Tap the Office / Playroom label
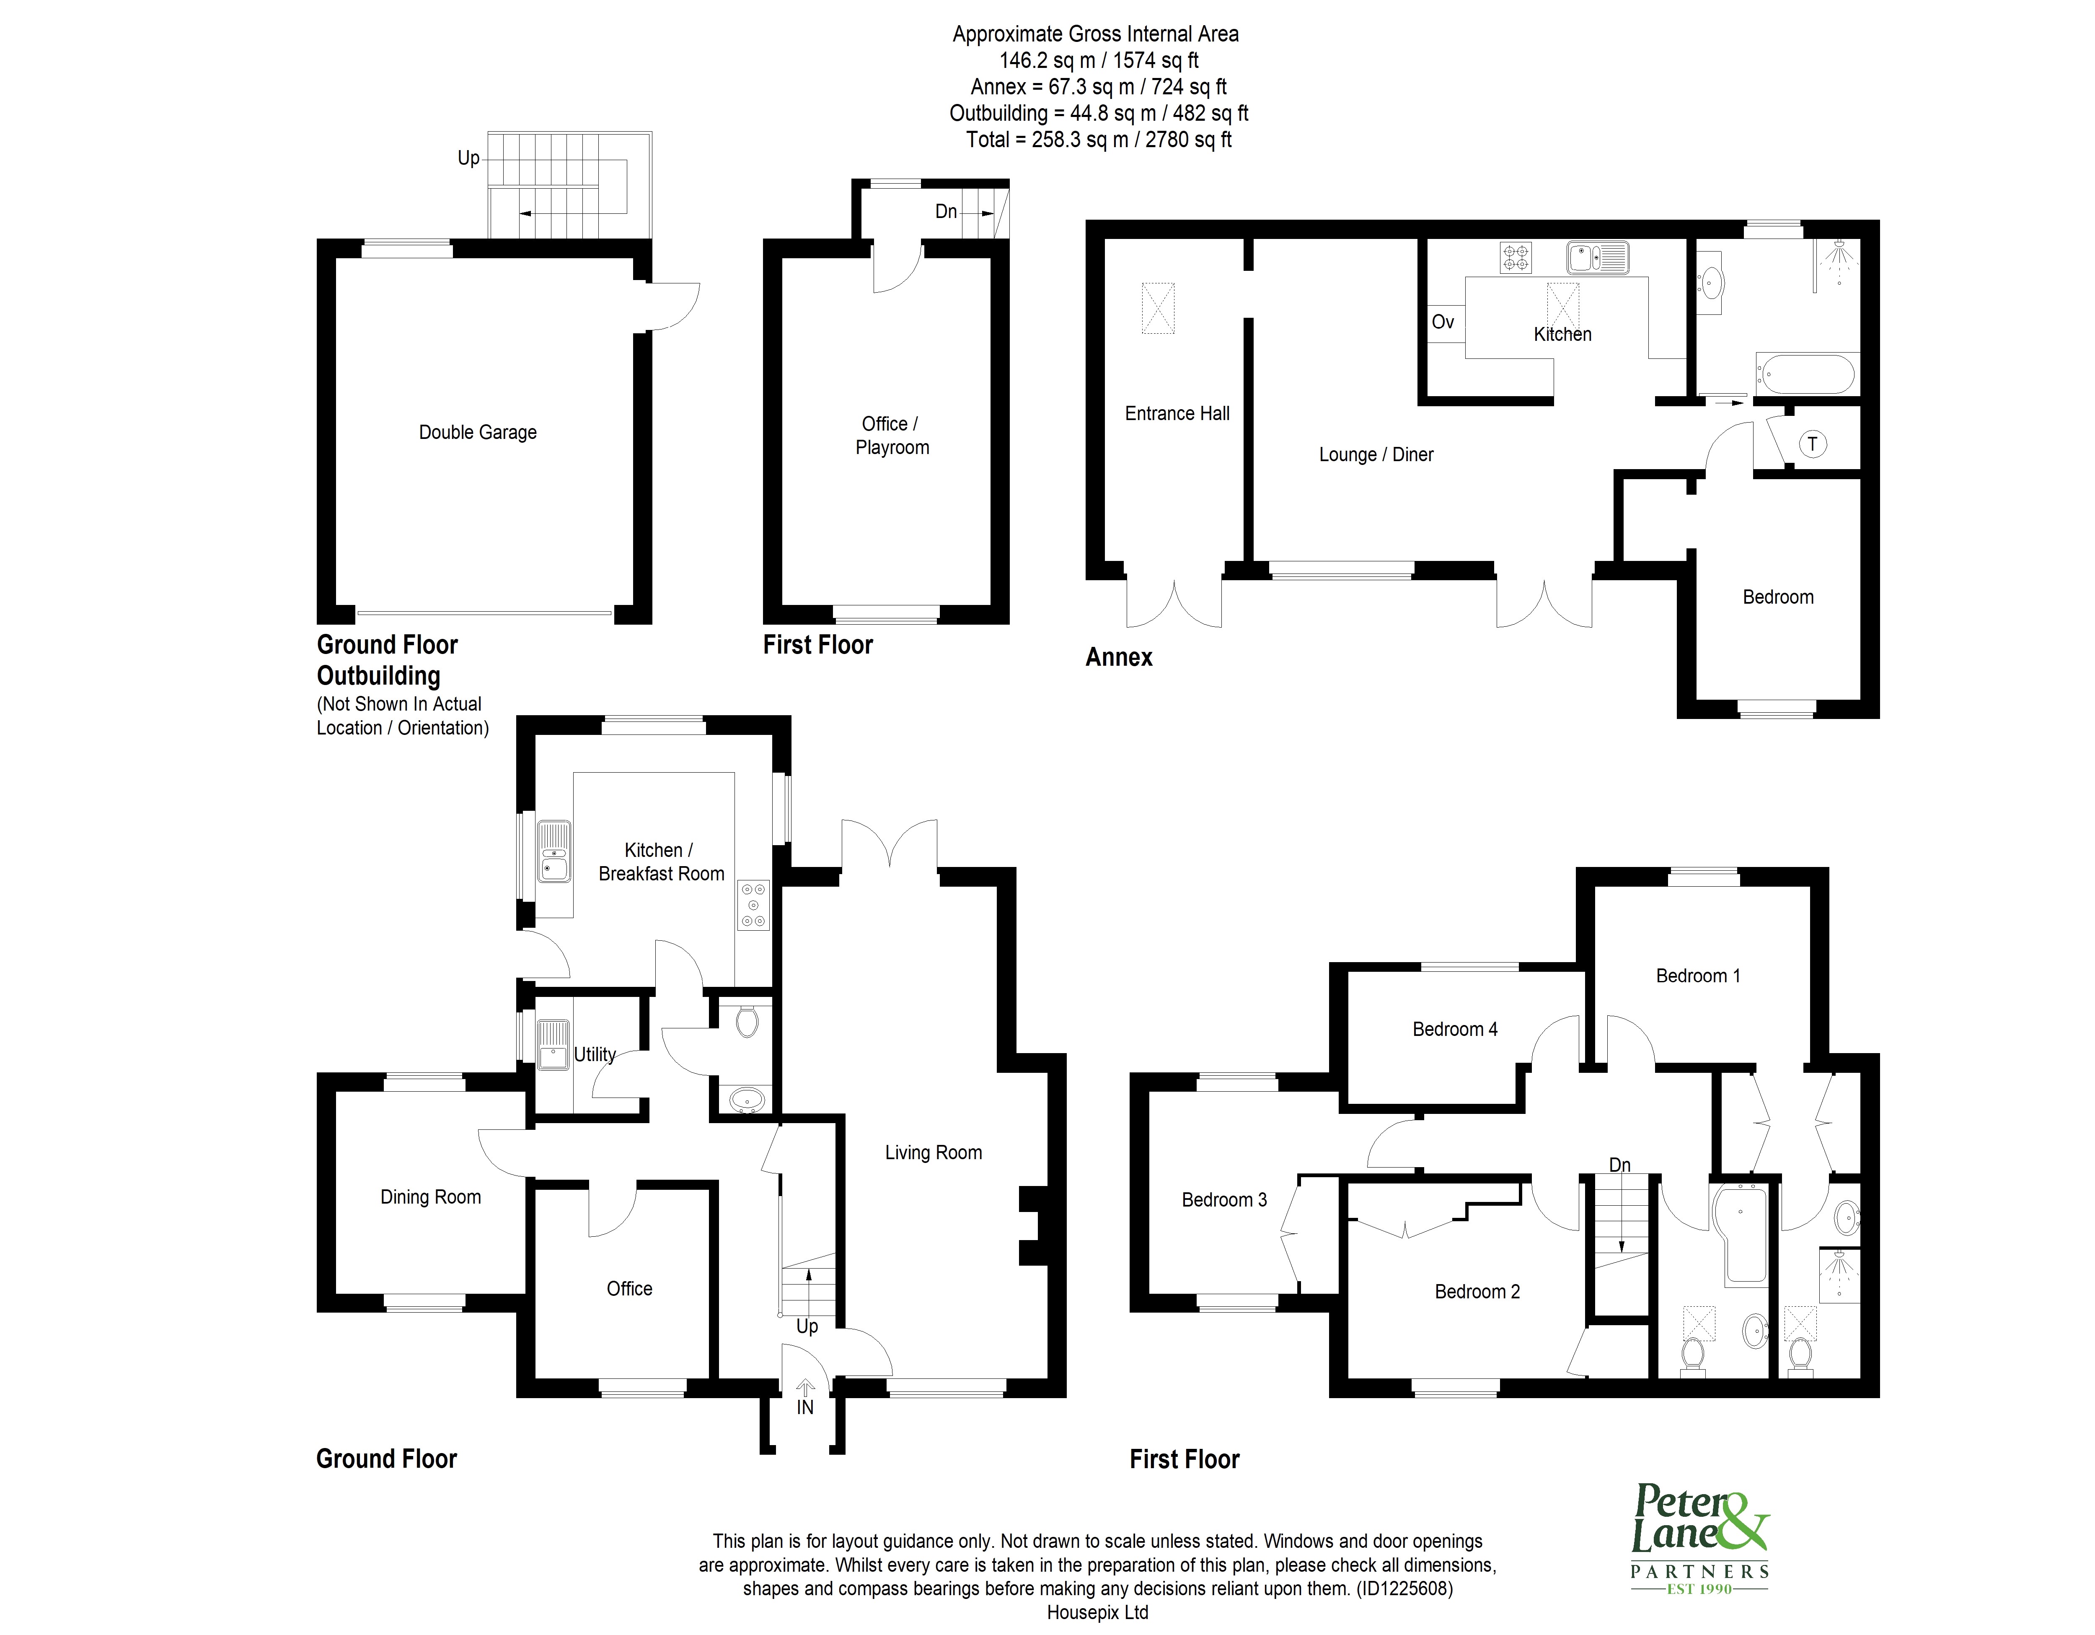click(x=892, y=436)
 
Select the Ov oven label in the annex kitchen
click(x=1443, y=322)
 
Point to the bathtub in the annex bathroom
click(x=1804, y=373)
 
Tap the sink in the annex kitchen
click(x=1598, y=257)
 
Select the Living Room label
click(x=934, y=1152)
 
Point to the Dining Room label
click(x=431, y=1196)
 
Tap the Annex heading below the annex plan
click(x=1118, y=657)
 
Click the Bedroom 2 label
click(x=1477, y=1292)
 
